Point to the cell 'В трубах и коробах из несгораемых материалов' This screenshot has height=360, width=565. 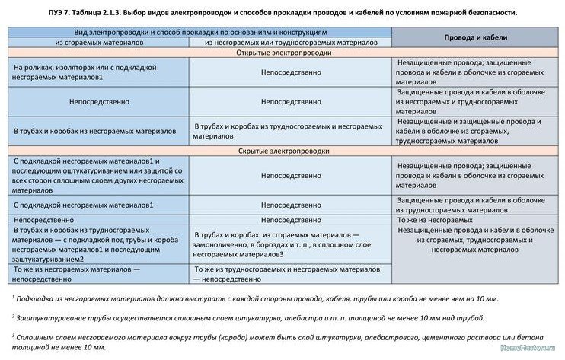pyautogui.click(x=95, y=131)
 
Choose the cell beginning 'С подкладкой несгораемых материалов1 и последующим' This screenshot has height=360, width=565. pyautogui.click(x=95, y=175)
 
